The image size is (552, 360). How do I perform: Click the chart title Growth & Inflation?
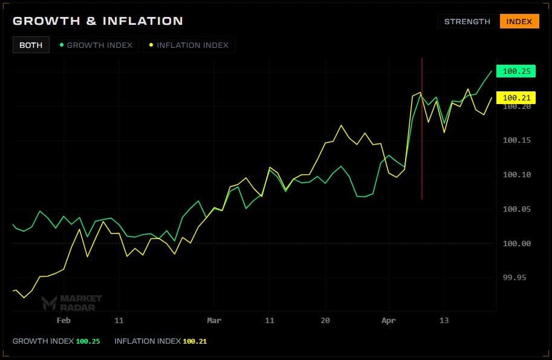coord(97,21)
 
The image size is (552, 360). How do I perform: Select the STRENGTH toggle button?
coord(467,22)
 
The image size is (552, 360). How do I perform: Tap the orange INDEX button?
coord(519,22)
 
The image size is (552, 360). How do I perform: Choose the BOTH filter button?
coord(31,45)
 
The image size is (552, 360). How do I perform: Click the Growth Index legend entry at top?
coord(97,45)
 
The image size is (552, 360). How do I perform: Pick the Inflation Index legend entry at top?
coord(189,45)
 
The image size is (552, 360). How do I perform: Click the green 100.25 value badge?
coord(516,71)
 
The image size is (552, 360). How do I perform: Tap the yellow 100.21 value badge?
coord(516,97)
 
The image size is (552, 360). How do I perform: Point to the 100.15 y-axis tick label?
coord(516,140)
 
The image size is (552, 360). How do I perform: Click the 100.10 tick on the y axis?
coord(516,175)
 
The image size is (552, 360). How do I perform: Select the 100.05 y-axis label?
coord(516,209)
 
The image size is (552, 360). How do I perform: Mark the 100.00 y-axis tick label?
coord(516,244)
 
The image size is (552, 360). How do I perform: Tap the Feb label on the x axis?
coord(63,320)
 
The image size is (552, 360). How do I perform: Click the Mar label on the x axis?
coord(214,320)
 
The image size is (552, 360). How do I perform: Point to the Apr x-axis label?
coord(389,320)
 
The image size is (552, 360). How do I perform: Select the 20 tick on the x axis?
coord(325,320)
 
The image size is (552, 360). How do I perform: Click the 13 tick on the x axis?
coord(444,320)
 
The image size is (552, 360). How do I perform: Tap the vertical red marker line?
coord(421,151)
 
